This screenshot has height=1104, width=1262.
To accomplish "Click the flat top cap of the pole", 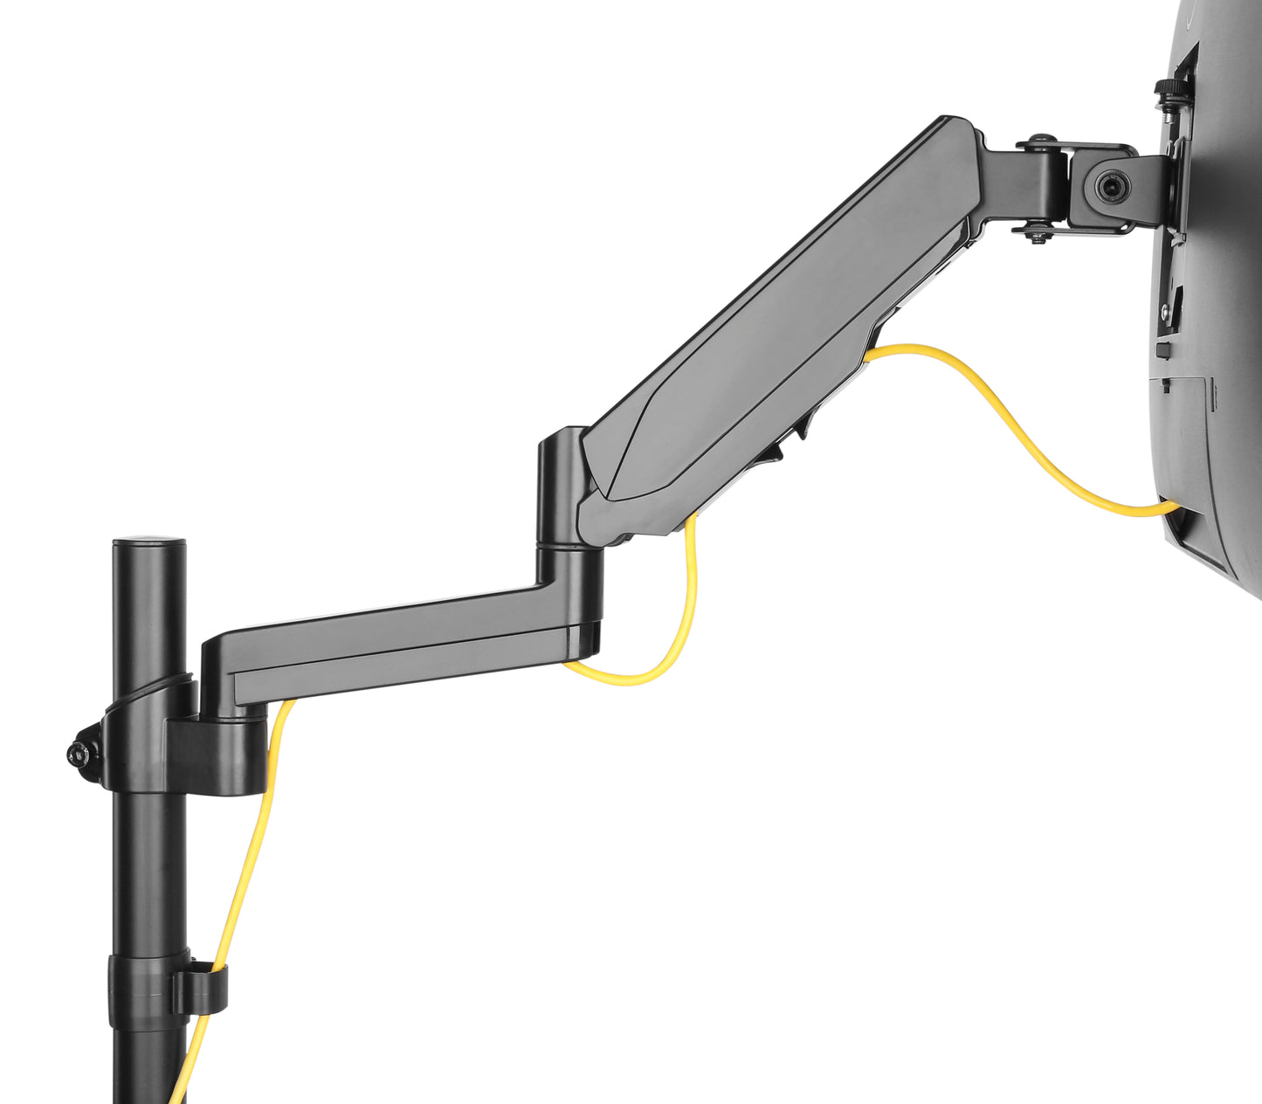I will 149,542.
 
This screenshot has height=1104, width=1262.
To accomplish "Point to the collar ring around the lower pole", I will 140,991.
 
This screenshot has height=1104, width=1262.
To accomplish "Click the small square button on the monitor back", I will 1162,350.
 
